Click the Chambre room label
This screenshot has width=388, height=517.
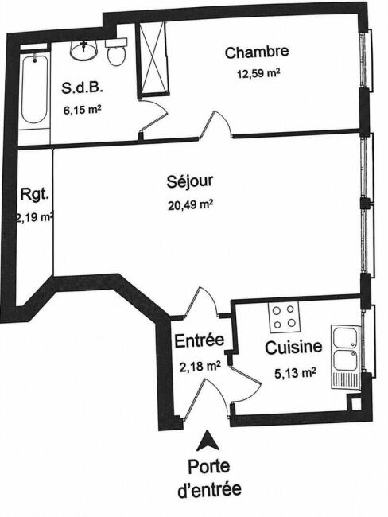[x=257, y=52]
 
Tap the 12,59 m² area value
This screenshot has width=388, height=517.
[x=258, y=73]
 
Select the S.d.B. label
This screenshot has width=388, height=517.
[x=82, y=88]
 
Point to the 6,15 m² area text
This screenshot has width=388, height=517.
[x=82, y=110]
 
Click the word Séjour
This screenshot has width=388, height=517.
[x=190, y=181]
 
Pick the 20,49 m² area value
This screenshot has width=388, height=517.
[x=190, y=204]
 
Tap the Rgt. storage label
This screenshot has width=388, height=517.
[x=35, y=195]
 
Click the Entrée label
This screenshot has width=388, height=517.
[x=199, y=340]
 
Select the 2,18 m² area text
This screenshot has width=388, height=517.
[x=200, y=366]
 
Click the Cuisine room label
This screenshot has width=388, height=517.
[x=293, y=348]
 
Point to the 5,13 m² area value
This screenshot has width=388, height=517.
[x=295, y=373]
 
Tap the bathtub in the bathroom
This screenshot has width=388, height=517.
[x=34, y=89]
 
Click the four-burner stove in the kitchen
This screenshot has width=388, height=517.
[x=284, y=317]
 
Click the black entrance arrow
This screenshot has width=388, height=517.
[x=208, y=440]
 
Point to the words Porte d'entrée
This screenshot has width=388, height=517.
[x=209, y=478]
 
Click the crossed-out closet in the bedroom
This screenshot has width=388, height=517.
[x=153, y=59]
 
